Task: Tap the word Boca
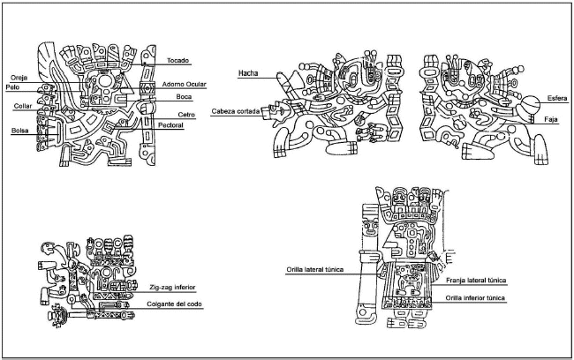[185, 97]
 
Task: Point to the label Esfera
[556, 96]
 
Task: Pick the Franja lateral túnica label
[478, 280]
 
